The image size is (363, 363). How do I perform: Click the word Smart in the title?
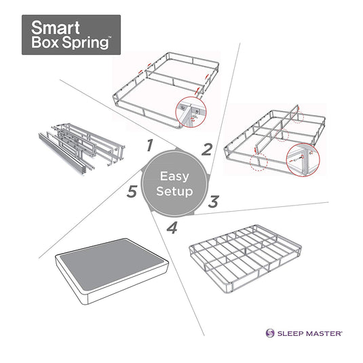tap(53, 28)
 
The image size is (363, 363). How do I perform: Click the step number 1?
tap(148, 145)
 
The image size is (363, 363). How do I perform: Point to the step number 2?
tap(208, 148)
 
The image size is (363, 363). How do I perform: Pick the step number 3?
tap(212, 202)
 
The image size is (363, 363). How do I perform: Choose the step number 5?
tap(133, 191)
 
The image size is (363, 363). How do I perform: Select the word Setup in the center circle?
tap(176, 191)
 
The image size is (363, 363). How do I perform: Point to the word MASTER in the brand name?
tap(322, 334)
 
